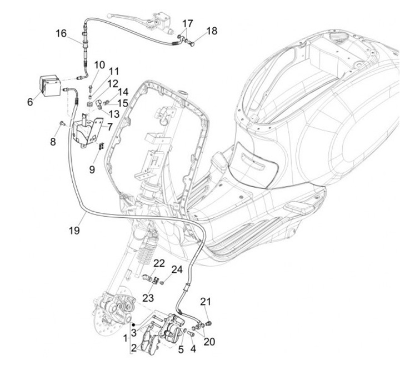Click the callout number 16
(x=61, y=33)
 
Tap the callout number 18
(x=212, y=31)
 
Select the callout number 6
(x=29, y=102)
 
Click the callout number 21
(x=206, y=302)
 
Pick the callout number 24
(x=176, y=270)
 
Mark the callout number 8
(x=53, y=142)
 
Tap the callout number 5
(x=181, y=349)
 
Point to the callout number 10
(x=99, y=65)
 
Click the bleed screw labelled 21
(x=209, y=322)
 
